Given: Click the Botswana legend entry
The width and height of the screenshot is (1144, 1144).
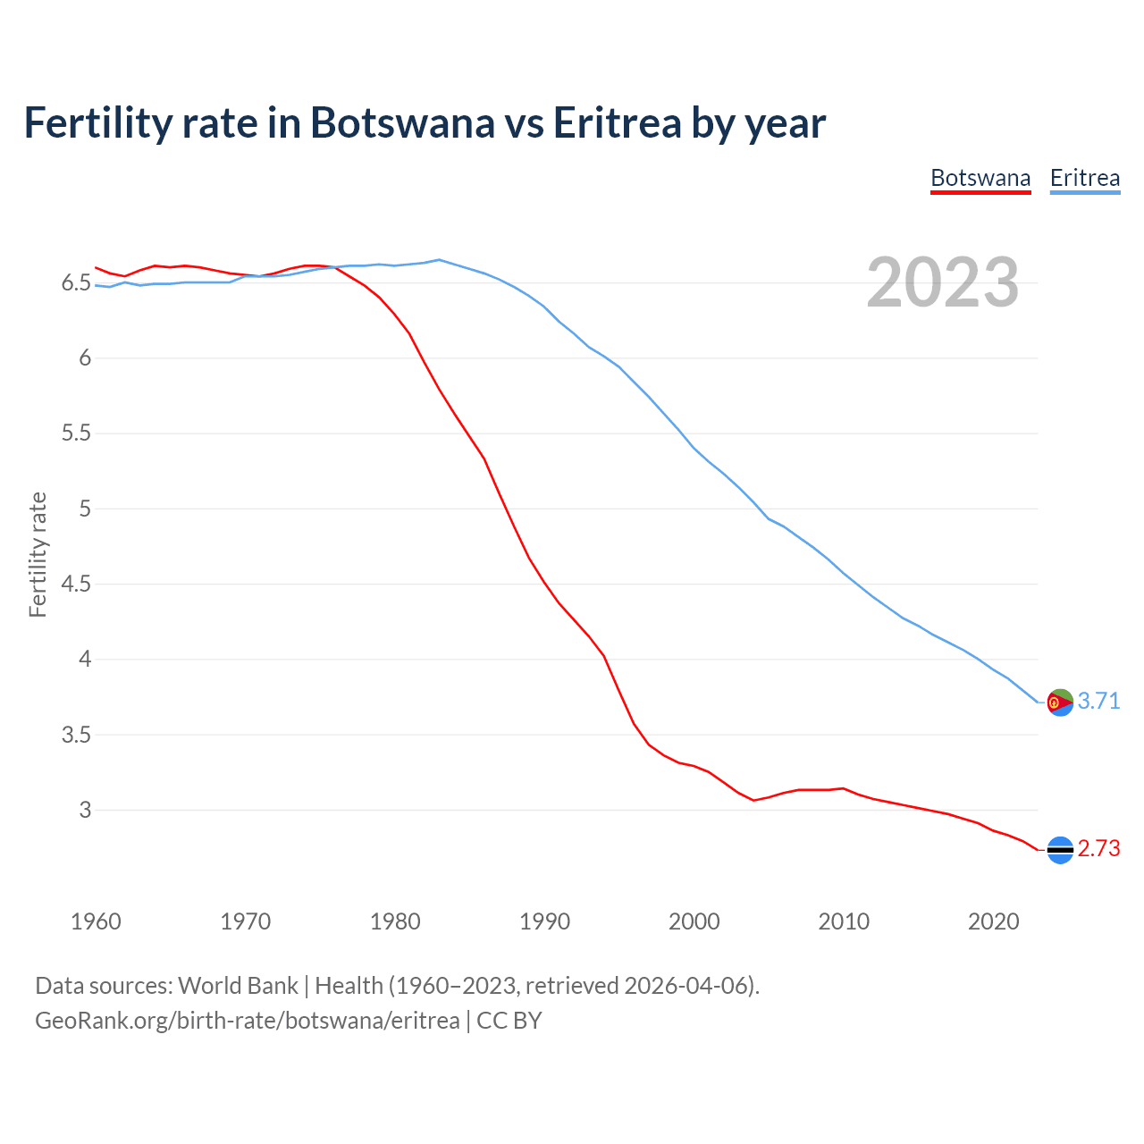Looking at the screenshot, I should (x=980, y=178).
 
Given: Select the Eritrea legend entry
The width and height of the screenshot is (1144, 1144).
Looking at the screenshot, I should (x=1084, y=178).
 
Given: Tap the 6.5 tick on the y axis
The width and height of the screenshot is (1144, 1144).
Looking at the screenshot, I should (x=76, y=283).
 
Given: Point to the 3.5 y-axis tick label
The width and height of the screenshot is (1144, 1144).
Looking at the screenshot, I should (x=76, y=736).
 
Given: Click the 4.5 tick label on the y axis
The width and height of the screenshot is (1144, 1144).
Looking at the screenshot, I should (x=76, y=585).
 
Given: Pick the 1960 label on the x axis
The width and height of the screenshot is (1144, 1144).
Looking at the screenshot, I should (x=96, y=921).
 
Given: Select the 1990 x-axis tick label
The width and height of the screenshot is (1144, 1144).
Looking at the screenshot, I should (x=544, y=921).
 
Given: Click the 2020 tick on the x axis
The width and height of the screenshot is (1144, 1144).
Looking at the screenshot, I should (x=993, y=921).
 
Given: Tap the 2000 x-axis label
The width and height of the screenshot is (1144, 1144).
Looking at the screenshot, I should (x=694, y=921).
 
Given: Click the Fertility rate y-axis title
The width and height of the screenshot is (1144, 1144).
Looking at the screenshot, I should (x=38, y=554).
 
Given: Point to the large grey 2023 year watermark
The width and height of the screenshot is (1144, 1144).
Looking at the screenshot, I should (x=942, y=283).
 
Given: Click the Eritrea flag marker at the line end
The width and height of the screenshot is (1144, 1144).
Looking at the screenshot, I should (x=1060, y=702).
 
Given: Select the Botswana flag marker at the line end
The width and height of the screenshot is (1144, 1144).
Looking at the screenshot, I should (x=1060, y=850).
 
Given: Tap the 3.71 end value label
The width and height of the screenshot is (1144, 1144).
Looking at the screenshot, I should (x=1098, y=702).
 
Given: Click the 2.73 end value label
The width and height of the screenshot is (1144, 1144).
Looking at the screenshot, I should (x=1098, y=849).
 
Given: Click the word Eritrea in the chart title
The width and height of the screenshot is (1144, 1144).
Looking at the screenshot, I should (x=617, y=122).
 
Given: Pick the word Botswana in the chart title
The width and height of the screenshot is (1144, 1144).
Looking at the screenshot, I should (x=402, y=122).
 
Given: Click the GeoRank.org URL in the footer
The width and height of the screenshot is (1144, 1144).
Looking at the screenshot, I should (x=247, y=1021).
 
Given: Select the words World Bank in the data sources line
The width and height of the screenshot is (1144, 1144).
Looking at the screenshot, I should (x=238, y=986).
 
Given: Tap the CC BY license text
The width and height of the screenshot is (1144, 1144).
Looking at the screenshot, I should (x=509, y=1021).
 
